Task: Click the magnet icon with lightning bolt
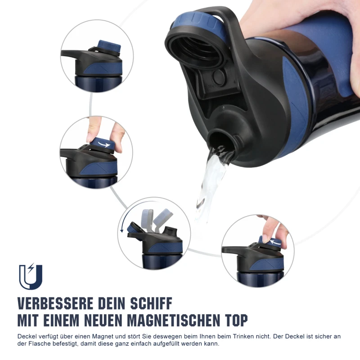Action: click(x=31, y=277)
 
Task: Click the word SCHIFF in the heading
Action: click(x=151, y=303)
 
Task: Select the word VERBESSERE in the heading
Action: click(x=55, y=303)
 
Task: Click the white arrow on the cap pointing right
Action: click(x=104, y=144)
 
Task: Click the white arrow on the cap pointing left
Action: click(x=275, y=242)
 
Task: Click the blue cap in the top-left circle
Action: click(x=109, y=47)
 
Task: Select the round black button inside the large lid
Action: click(x=219, y=77)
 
